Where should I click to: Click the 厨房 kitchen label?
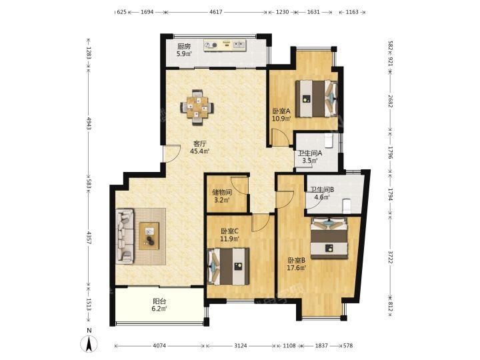pos(184,47)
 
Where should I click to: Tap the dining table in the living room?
pos(197,107)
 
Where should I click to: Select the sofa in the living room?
pos(125,236)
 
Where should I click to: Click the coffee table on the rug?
pos(149,236)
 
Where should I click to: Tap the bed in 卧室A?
pos(316,99)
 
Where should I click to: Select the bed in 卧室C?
pos(229,267)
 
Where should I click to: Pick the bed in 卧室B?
pos(329,238)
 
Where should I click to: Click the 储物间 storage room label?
pos(222,193)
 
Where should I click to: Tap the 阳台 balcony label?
pos(159,301)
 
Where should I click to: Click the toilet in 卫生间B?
pos(346,206)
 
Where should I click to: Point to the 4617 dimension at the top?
pos(216,12)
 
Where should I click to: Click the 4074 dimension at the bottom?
pos(159,345)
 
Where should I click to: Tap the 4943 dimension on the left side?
pos(89,123)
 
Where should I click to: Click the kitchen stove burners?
pos(211,45)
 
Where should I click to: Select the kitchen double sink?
pos(239,45)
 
